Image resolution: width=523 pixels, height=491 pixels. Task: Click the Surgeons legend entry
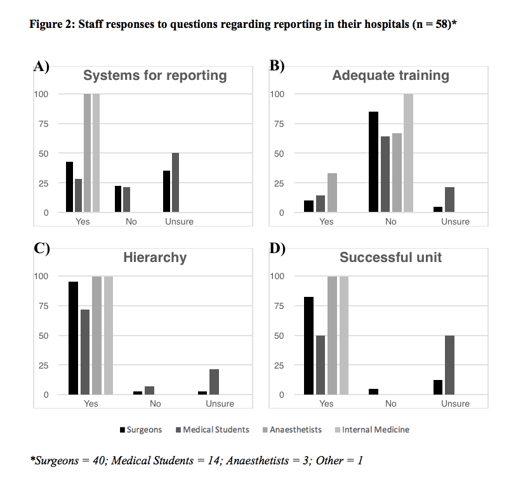click(141, 429)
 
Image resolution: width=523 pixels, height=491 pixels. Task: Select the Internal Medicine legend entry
click(372, 429)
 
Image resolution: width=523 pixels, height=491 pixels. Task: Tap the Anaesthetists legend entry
click(292, 429)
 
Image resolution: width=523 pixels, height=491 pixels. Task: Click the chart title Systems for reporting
click(155, 75)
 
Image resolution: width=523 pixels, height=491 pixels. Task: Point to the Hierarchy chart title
click(155, 258)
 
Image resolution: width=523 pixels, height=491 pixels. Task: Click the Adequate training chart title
click(390, 75)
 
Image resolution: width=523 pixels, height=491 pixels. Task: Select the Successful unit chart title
click(390, 258)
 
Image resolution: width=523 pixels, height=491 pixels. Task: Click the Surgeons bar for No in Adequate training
click(374, 162)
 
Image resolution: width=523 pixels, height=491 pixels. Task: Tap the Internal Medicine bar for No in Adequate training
click(408, 153)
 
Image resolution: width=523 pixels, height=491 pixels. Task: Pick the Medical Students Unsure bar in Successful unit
click(449, 365)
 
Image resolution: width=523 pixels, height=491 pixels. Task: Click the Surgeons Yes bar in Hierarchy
click(74, 338)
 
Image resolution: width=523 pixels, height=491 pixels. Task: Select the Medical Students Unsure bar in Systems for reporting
click(175, 183)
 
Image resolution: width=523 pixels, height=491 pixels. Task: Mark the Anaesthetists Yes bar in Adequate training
click(332, 193)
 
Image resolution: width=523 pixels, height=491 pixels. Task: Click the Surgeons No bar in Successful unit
click(374, 391)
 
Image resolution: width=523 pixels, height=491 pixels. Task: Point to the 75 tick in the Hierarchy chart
click(43, 306)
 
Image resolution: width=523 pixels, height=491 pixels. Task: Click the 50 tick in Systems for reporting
click(43, 154)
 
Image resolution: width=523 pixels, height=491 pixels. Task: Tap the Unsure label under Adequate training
click(455, 221)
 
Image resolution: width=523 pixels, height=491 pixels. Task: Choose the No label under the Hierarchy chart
click(156, 403)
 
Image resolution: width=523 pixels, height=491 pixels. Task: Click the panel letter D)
click(277, 248)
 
